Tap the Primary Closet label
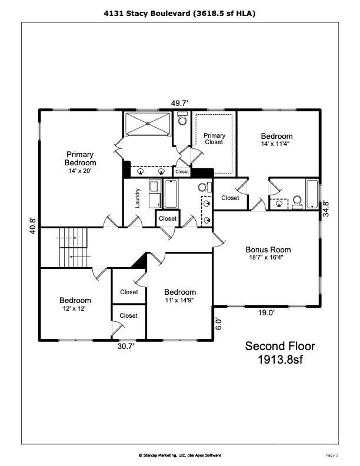tap(214, 138)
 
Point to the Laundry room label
tap(137, 198)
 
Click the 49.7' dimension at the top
tap(180, 103)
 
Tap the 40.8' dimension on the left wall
tap(33, 227)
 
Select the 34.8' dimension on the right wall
tap(325, 209)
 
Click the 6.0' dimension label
tap(218, 324)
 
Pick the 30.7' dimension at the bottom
tap(125, 347)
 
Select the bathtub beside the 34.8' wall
tap(311, 194)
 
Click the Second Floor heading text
tap(280, 346)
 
